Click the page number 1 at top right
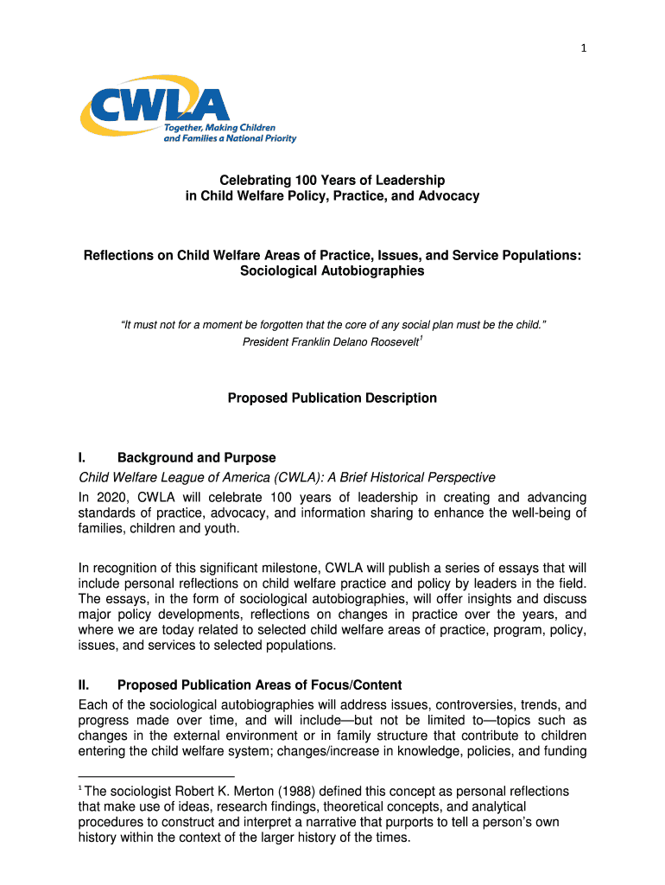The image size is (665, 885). (584, 48)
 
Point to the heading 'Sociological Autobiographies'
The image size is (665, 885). (332, 271)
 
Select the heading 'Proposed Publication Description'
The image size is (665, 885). (332, 398)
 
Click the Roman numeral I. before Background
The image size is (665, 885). (82, 458)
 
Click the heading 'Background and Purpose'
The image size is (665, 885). (197, 458)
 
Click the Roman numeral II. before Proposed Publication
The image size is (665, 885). (85, 685)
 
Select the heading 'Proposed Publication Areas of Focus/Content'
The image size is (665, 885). (259, 685)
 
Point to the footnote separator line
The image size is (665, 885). (156, 776)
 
